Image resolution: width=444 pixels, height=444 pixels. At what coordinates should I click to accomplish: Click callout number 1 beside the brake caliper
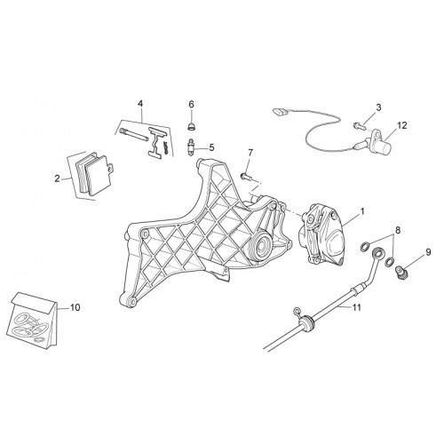point(361,211)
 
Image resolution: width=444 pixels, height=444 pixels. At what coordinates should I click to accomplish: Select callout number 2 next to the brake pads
point(57,178)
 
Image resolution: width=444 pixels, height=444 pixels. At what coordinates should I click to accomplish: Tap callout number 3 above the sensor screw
point(379,107)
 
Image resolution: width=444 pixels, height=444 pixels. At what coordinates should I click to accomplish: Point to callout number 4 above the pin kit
point(140,104)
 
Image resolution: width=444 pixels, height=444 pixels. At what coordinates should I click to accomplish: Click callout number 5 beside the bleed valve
point(211,147)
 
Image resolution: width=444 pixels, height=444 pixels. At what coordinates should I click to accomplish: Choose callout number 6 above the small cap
point(191,104)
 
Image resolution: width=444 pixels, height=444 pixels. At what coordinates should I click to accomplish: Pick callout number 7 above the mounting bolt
point(250,153)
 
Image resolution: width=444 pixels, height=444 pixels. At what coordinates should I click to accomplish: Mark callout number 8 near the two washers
point(398,230)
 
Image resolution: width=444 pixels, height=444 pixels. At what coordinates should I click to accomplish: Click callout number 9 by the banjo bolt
point(428,252)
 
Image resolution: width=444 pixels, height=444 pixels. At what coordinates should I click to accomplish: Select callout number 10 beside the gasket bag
point(75,307)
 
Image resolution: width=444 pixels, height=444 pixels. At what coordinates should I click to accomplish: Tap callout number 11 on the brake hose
point(357,307)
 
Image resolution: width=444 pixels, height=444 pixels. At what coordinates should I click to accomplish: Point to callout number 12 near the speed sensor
point(402,125)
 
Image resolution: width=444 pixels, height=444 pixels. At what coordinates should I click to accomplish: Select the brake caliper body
point(322,234)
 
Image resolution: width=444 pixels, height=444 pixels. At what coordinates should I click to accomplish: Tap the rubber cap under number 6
point(191,127)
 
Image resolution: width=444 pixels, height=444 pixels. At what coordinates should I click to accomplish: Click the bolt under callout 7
point(246,178)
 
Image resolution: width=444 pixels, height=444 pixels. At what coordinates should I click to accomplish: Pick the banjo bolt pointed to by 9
point(400,271)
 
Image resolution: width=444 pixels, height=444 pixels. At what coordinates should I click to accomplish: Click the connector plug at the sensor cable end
point(280,112)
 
